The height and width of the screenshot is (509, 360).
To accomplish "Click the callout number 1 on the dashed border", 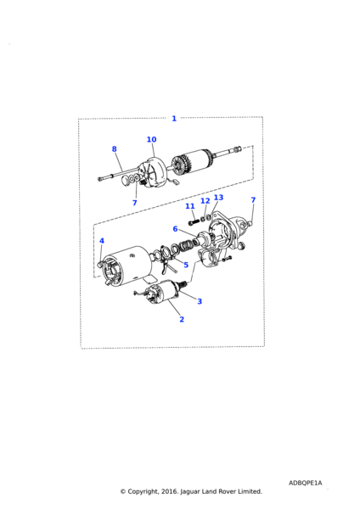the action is click(x=174, y=119).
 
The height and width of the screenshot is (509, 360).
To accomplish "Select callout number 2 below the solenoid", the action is click(x=182, y=319).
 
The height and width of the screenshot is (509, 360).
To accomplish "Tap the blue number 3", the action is click(x=200, y=301).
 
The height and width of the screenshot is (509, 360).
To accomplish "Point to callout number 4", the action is click(x=102, y=241).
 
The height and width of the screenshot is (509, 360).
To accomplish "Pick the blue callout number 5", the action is click(x=186, y=265).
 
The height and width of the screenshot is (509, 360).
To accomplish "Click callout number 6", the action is click(x=175, y=229).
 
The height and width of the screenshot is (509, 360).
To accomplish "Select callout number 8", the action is click(x=114, y=148).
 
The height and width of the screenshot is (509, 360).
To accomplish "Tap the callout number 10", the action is click(x=151, y=139).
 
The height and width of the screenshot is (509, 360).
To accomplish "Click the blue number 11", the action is click(x=189, y=206).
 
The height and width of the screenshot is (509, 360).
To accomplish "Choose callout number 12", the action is click(x=205, y=201).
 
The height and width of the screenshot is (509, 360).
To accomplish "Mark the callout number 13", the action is click(x=218, y=198).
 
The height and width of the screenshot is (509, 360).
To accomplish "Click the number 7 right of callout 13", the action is click(x=253, y=200).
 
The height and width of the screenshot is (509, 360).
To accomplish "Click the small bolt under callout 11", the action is click(x=194, y=222).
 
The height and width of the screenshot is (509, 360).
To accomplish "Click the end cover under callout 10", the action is click(x=152, y=173).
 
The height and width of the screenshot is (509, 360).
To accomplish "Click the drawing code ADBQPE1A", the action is click(x=305, y=483).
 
